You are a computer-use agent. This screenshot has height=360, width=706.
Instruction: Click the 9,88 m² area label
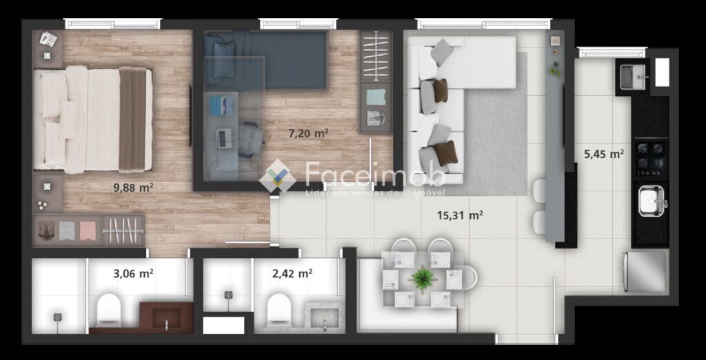tap(133, 188)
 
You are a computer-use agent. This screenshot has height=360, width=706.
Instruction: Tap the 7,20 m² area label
tap(308, 133)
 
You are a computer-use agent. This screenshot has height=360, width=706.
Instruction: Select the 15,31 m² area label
tap(460, 215)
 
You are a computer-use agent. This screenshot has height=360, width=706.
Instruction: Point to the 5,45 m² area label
tap(604, 154)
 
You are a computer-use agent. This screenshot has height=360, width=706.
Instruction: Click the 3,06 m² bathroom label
tap(133, 273)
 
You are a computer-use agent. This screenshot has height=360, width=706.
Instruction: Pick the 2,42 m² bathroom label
tap(292, 273)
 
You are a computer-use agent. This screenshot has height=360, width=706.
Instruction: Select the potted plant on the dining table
tap(423, 279)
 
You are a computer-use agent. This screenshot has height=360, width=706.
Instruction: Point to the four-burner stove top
tap(651, 159)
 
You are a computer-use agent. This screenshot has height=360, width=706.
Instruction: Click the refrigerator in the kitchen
tap(645, 272)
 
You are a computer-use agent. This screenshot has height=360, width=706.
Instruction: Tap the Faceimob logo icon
tap(278, 176)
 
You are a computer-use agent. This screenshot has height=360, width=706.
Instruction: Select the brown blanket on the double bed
tap(132, 119)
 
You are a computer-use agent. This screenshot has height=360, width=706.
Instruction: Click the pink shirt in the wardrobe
tap(88, 230)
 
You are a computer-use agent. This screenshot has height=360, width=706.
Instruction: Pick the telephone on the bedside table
tap(48, 39)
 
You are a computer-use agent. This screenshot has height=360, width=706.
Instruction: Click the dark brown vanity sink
tap(166, 318)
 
